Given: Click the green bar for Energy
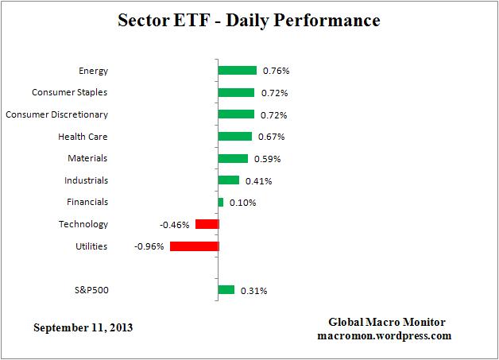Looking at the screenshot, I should (x=237, y=71).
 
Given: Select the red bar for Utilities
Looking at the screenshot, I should (x=194, y=246).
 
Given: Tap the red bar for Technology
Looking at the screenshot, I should (x=207, y=224).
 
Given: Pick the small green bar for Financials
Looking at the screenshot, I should (x=221, y=203).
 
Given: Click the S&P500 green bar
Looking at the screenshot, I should (x=226, y=290).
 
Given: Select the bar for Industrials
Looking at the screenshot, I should (x=229, y=180).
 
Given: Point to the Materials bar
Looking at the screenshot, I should (x=233, y=158).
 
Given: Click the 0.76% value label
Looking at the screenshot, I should (x=276, y=72).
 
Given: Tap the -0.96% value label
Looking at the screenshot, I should (x=149, y=246).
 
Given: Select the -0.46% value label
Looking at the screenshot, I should (x=175, y=225).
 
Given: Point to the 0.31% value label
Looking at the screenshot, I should (x=253, y=291).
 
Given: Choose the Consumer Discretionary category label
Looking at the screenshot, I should (x=56, y=114).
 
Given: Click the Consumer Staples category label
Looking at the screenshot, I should (x=69, y=92).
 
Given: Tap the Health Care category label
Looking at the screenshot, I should (x=83, y=137).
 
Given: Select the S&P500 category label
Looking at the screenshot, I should (x=90, y=290).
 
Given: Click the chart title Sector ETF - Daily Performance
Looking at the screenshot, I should (x=249, y=19).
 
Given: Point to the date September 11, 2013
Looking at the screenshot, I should (x=83, y=327).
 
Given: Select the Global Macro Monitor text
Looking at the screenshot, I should (x=387, y=322).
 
